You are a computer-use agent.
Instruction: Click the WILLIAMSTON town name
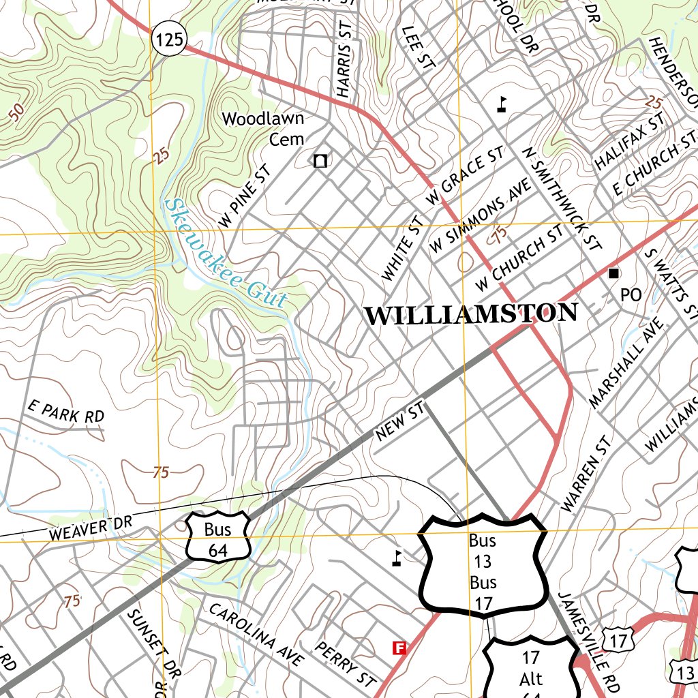coord(471,314)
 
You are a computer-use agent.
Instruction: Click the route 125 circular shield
coord(168,40)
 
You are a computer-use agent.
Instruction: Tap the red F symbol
coord(399,648)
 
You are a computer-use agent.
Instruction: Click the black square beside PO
coord(613,273)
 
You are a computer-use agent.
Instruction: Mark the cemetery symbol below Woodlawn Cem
coord(320,161)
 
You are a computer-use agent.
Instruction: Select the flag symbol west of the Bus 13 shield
coord(397,558)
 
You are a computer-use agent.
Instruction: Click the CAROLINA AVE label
coord(256,635)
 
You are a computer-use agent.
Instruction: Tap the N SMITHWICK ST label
coord(563,198)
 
